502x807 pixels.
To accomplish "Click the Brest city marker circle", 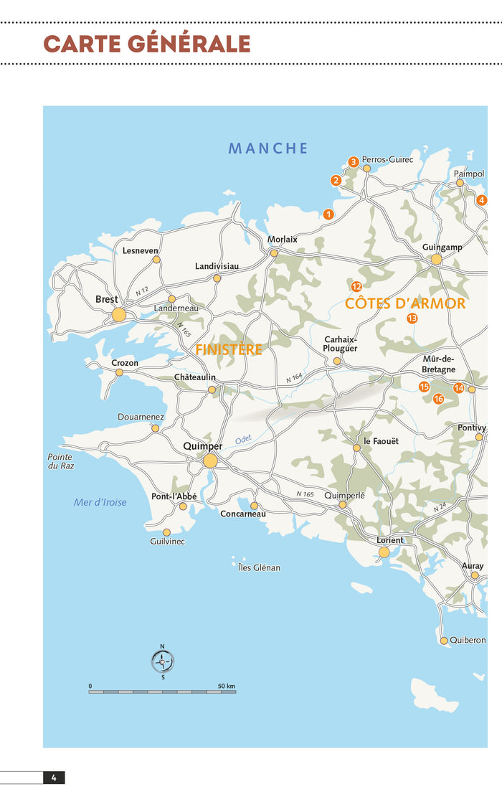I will (119, 314).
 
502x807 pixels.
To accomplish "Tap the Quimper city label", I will (203, 445).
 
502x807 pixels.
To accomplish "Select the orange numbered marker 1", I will (328, 214).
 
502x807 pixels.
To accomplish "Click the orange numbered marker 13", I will (412, 318).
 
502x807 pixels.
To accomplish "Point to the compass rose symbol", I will (162, 661).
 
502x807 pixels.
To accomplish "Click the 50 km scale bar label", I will (226, 686).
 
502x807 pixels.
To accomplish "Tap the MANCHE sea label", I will (268, 148).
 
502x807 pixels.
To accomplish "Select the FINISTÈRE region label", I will (229, 350).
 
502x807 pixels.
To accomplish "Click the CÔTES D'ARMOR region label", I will (405, 303).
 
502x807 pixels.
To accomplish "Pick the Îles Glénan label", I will (259, 567).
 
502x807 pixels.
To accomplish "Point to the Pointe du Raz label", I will (60, 461).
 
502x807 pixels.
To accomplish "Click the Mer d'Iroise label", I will (100, 502).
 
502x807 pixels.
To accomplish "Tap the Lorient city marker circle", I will (384, 552).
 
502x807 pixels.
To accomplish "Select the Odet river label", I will (244, 439).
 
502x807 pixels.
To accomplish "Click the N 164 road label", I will (295, 377).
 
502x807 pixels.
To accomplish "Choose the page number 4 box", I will (54, 777).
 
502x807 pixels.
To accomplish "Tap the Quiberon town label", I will (468, 640).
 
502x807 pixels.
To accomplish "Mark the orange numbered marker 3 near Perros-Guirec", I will (353, 162).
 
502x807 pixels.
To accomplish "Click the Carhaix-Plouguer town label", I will (341, 344).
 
